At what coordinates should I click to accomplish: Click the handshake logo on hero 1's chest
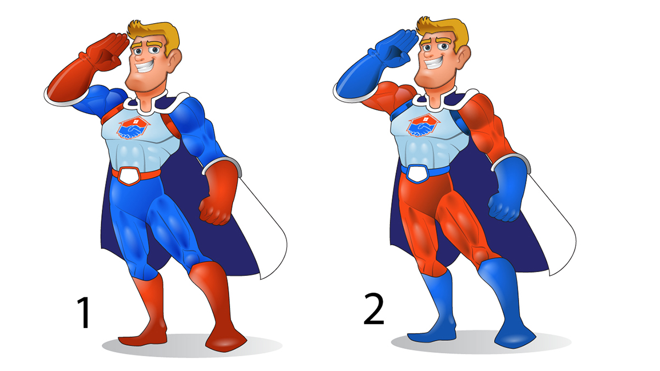(x=133, y=128)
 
